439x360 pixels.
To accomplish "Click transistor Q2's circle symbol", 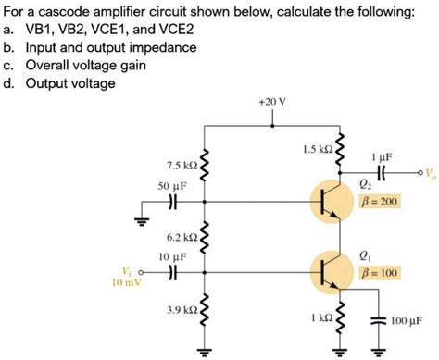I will pos(330,200).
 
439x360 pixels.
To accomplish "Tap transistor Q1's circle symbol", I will pos(330,271).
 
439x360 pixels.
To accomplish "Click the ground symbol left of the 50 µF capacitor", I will pos(142,222).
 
